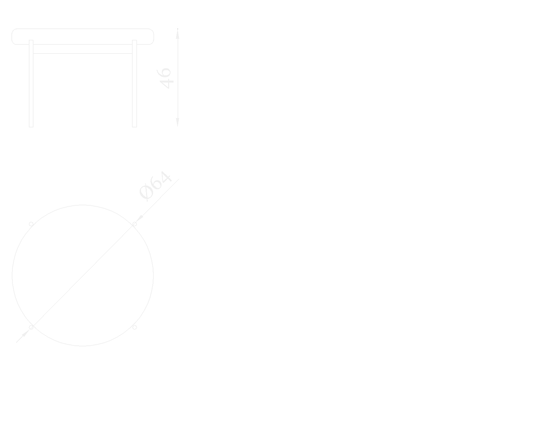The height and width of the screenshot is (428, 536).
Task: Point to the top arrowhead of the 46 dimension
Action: (178, 34)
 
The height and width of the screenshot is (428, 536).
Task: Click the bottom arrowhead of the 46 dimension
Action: (178, 122)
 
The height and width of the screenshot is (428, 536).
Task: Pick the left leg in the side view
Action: (31, 84)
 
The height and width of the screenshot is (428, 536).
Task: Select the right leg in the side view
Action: (134, 84)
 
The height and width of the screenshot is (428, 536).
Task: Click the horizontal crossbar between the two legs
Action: (83, 53)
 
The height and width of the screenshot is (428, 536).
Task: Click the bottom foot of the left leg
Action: (31, 125)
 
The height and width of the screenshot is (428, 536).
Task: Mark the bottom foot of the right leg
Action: (134, 125)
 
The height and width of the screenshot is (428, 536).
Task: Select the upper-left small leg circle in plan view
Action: (31, 224)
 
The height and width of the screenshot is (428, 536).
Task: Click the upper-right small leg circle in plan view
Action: (135, 224)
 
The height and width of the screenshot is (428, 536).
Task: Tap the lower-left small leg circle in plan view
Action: (31, 327)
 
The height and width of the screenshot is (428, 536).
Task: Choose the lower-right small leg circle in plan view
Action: (135, 327)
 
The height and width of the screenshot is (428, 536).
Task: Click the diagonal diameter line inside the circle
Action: (83, 276)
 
